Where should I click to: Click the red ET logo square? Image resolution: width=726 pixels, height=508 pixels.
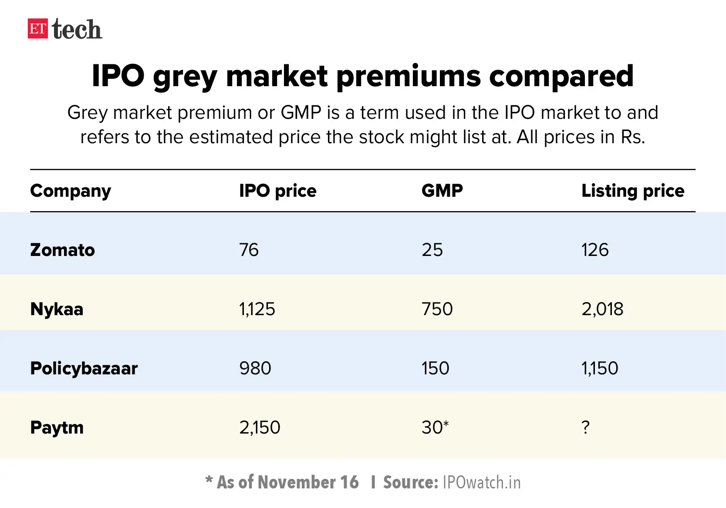click(x=37, y=29)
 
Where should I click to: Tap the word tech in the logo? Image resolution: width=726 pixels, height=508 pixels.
click(x=77, y=30)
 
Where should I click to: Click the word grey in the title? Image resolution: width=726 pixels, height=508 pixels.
click(x=185, y=77)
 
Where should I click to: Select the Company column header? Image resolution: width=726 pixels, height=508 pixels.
click(x=71, y=191)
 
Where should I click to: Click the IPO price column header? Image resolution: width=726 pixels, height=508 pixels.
click(x=277, y=191)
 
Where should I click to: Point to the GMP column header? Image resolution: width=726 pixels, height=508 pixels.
click(x=442, y=191)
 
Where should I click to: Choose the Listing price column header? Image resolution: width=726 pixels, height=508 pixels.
click(x=632, y=191)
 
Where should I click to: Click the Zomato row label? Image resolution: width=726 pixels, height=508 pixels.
click(x=62, y=250)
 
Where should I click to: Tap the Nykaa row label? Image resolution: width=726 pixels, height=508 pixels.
click(x=57, y=310)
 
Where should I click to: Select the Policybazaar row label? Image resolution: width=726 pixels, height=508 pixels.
click(x=84, y=368)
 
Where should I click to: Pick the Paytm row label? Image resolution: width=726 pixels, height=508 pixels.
click(x=57, y=427)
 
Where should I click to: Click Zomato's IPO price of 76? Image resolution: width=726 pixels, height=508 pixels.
click(x=249, y=250)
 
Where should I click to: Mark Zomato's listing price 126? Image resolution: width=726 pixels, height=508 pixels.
click(x=595, y=250)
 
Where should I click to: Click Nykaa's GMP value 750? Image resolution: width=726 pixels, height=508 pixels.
click(x=437, y=309)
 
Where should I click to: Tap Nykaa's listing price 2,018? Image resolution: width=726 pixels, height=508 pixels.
click(x=602, y=309)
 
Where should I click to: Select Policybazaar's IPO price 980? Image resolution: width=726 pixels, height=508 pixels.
click(x=255, y=368)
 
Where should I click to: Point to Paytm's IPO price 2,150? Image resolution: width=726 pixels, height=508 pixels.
click(x=260, y=427)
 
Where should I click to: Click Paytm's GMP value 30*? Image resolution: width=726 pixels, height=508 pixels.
click(x=435, y=427)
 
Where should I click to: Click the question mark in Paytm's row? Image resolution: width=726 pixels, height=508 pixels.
click(x=586, y=427)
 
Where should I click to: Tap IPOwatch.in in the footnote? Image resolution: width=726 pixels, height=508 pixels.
click(x=481, y=482)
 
